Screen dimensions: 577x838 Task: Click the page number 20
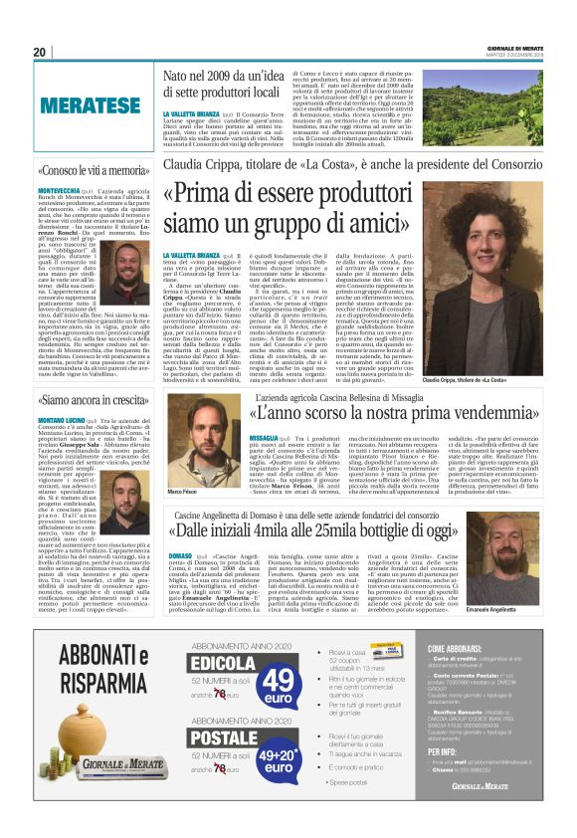(41, 52)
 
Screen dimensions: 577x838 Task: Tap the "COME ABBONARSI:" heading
(456, 676)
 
